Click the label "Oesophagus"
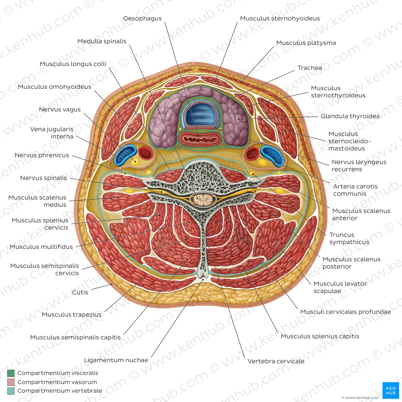tap(142, 19)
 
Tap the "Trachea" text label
tap(310, 68)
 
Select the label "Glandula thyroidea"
tap(350, 116)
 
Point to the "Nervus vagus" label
tap(60, 109)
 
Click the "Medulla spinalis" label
tap(102, 41)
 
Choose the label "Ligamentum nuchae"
tap(116, 360)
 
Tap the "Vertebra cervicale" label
tap(276, 361)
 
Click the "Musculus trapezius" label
tap(71, 314)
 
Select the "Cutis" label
tap(80, 292)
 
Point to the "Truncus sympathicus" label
tap(349, 238)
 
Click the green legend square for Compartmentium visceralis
tap(11, 373)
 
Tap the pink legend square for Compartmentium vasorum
tap(11, 382)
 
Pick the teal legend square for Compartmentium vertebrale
tap(11, 391)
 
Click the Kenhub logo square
tap(391, 391)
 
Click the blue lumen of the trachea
tap(200, 114)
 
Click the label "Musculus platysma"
tap(306, 43)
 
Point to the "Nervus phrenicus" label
tap(42, 155)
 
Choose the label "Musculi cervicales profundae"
tap(345, 312)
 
